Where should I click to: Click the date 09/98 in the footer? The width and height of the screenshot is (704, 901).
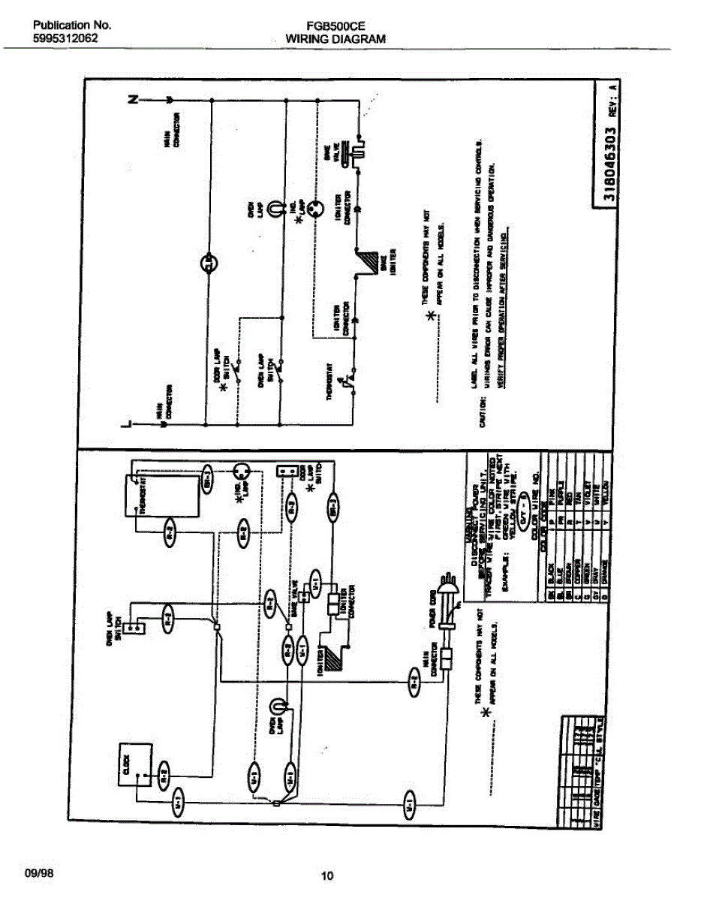pos(39,873)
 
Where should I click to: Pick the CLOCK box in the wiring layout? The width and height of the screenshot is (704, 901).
pos(130,766)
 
